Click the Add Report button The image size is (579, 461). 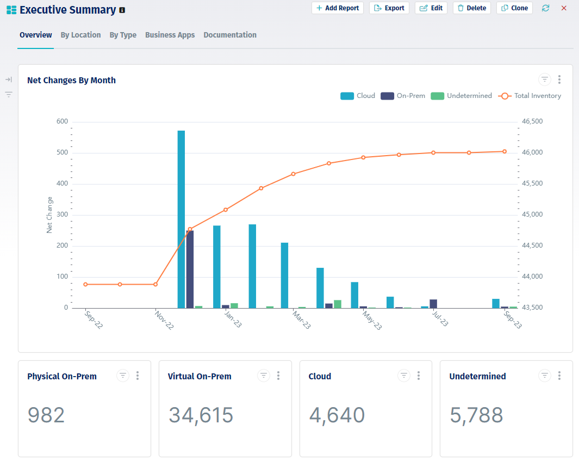point(337,8)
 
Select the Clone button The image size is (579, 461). point(514,8)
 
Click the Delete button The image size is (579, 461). point(471,8)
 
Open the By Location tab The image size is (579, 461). point(80,35)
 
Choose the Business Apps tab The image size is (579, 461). point(170,35)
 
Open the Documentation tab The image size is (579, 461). point(230,35)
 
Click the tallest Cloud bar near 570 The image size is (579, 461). point(181,218)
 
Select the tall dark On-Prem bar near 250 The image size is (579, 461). point(190,269)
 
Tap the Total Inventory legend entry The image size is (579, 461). point(530,96)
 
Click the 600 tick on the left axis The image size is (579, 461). point(62,121)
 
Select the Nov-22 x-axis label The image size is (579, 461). point(165,321)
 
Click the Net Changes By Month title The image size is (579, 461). point(71,80)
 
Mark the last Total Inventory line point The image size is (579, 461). point(505,152)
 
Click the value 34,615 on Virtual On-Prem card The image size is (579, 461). point(201,415)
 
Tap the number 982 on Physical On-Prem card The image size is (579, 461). point(46,415)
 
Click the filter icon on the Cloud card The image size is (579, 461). point(403,376)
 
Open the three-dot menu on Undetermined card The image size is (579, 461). point(559,376)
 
